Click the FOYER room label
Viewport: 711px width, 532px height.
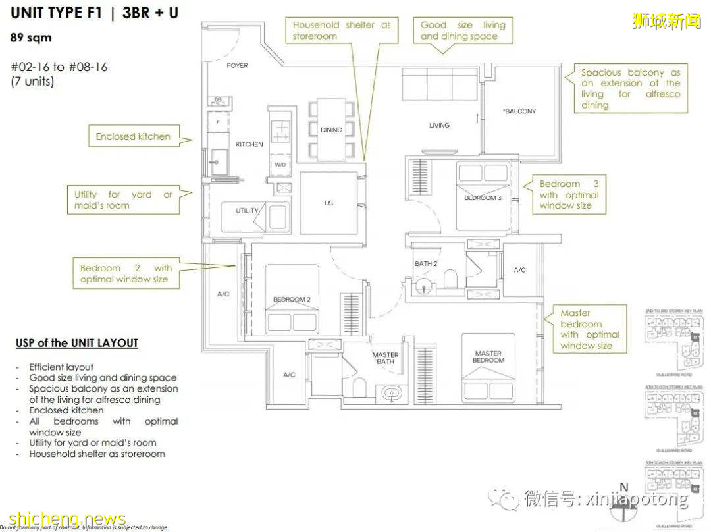coord(237,65)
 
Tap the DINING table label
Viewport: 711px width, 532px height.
coord(331,130)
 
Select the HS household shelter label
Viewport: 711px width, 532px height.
coord(329,203)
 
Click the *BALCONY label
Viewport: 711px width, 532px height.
coord(519,111)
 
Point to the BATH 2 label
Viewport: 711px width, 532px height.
coord(426,264)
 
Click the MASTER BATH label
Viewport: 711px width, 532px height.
coord(385,358)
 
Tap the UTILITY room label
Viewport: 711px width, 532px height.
coord(248,211)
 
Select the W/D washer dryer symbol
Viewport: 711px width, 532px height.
coord(280,165)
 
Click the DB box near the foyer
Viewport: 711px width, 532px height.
coord(218,101)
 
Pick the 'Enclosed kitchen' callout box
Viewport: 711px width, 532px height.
coord(133,136)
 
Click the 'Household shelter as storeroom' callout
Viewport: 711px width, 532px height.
coord(342,30)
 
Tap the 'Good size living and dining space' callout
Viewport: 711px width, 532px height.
coord(463,30)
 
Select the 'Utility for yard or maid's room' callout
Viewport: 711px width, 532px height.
coord(123,200)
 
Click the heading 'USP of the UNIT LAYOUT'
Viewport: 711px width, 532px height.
coord(77,343)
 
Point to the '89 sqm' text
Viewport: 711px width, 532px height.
coord(30,38)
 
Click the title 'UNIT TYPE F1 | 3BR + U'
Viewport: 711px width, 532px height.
coord(94,13)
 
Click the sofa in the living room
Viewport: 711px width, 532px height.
coord(439,86)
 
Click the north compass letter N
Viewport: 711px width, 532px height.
coord(624,487)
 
